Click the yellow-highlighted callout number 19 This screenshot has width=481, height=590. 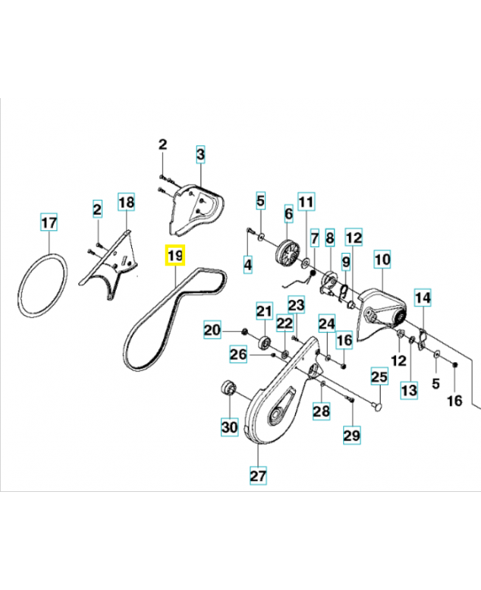pos(175,255)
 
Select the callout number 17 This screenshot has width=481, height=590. pos(49,222)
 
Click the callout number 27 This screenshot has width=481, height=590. pos(258,476)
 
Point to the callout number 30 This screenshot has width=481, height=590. pos(229,427)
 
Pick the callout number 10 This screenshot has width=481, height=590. pos(382,260)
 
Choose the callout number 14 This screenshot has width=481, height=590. pos(423,298)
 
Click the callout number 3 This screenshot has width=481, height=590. pos(201,154)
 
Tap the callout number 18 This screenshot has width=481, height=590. pos(126,202)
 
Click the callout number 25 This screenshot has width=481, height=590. pos(379,376)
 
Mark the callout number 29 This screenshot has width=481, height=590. pos(352,435)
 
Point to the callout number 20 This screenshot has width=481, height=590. pos(212,330)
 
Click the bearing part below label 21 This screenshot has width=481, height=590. pos(265,343)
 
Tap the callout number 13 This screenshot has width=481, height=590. pos(409,390)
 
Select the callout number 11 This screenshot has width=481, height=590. pos(306,201)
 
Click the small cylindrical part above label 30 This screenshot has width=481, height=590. pos(228,388)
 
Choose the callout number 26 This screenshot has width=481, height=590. pos(238,354)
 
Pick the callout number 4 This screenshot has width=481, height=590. pos(248,265)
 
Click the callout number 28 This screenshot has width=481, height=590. pos(322,411)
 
